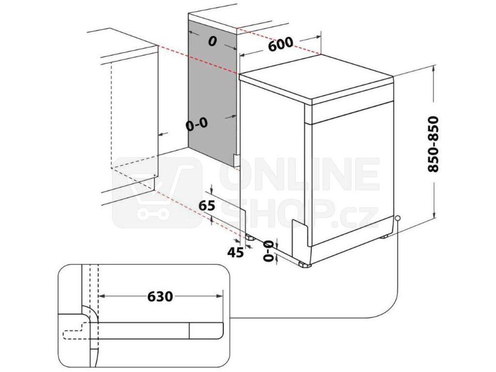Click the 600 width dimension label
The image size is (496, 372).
pos(280,45)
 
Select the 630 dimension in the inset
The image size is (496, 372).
pos(159,295)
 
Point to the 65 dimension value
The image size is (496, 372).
pos(207,205)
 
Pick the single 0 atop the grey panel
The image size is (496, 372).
pos(212,42)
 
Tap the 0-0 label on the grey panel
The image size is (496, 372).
pos(197,125)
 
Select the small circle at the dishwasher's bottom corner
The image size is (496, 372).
pos(397,218)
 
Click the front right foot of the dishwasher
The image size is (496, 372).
pos(305,265)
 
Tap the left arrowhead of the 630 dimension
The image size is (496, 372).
pos(101,295)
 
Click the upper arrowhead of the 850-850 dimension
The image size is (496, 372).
pos(434,70)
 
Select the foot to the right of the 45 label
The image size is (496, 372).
pos(250,238)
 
